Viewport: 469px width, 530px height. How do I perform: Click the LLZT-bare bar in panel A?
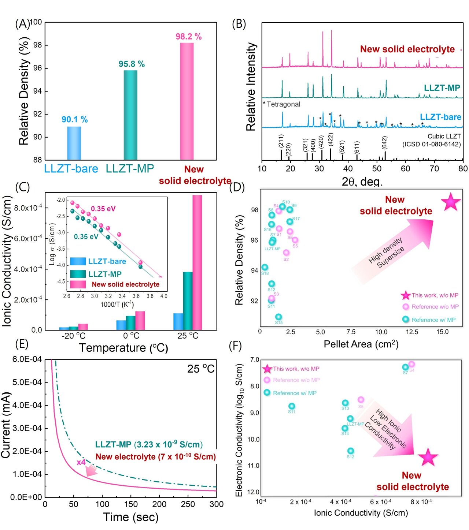74,143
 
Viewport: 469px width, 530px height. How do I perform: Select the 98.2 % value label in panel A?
188,37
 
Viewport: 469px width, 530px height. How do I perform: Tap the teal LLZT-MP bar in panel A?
130,115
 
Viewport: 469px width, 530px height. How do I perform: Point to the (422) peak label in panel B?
330,140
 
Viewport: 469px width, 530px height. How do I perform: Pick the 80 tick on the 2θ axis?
463,168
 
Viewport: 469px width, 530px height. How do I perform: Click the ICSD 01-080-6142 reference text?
432,144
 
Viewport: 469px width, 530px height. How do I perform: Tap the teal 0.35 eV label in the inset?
86,237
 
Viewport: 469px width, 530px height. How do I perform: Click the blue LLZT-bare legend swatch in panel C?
78,261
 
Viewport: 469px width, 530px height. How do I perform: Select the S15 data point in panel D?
278,317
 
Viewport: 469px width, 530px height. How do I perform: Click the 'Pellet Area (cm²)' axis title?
361,344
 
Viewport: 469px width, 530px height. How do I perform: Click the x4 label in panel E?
81,462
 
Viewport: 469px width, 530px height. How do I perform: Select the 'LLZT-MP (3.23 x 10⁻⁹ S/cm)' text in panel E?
149,444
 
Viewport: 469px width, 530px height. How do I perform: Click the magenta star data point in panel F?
428,457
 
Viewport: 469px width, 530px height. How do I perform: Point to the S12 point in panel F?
351,451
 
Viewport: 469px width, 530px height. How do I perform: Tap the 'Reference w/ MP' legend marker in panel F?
267,393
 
